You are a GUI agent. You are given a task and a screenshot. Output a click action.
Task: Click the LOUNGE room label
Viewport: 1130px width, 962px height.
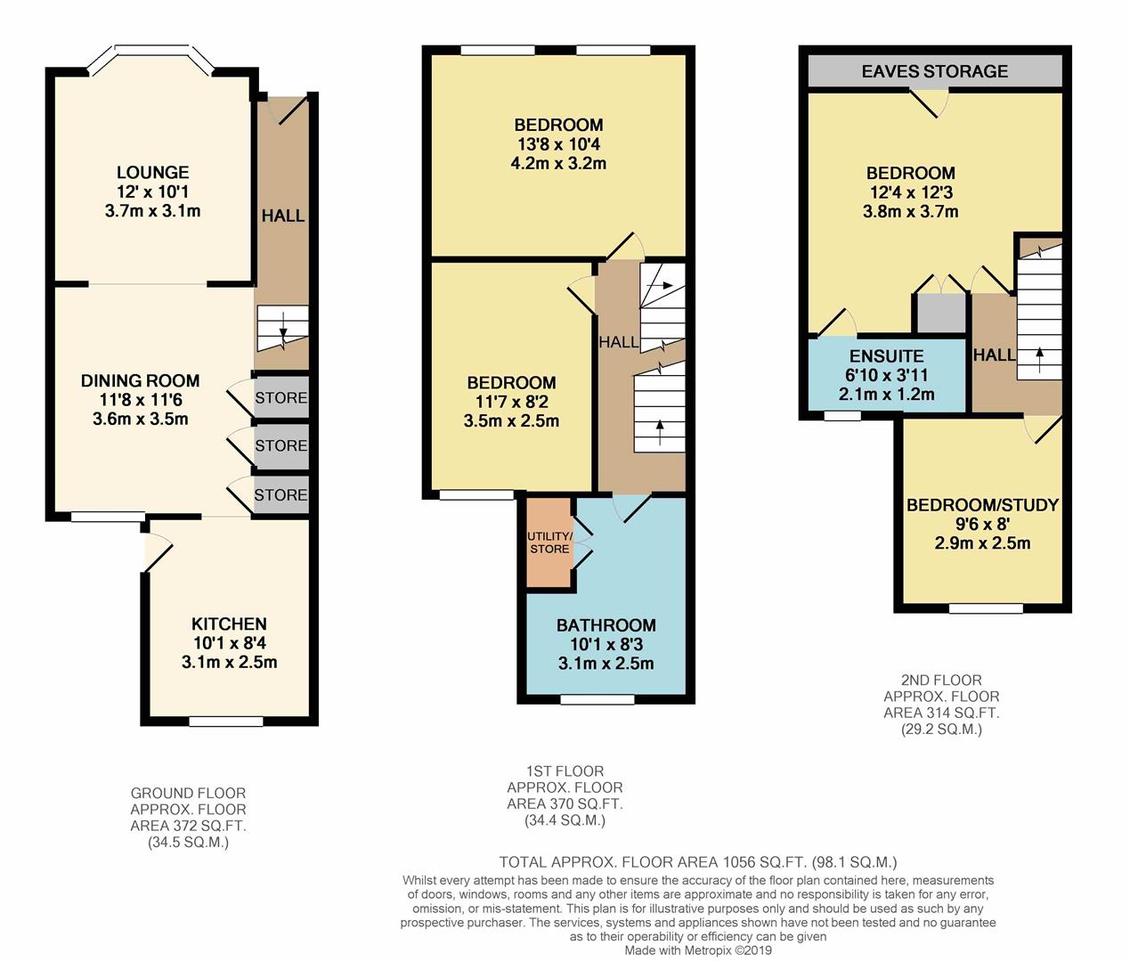pos(152,173)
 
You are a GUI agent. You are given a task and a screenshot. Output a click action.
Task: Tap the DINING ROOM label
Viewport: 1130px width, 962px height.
pos(140,380)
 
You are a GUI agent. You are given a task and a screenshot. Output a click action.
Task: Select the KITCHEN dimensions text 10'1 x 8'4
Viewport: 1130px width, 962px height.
pos(229,643)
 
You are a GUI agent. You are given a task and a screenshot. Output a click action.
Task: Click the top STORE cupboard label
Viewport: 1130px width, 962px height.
pos(280,398)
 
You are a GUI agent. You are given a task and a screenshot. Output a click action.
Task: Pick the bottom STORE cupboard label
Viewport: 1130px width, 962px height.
pos(280,494)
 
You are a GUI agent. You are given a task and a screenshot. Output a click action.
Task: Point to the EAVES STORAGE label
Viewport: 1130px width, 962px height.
pos(934,71)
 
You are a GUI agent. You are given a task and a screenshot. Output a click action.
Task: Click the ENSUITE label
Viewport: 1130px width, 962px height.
pos(886,355)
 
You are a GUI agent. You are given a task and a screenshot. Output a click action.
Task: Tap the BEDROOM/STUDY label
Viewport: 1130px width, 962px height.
pos(982,505)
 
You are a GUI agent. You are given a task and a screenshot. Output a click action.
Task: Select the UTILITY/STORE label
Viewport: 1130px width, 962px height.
pos(549,542)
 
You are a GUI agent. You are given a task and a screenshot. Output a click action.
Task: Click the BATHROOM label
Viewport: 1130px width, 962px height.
pos(606,625)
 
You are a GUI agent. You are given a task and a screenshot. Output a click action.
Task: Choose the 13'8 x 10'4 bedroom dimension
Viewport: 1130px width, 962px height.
pos(558,144)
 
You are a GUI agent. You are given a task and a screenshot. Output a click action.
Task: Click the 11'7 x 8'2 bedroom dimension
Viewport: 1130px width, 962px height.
pos(511,402)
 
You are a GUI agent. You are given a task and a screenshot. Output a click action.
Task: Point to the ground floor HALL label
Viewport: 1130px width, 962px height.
pos(282,216)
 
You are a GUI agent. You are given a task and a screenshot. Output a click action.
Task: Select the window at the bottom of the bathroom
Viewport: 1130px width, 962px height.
pos(597,700)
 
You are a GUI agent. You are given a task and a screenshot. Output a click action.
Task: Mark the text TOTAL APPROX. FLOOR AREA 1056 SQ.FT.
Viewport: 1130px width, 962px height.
pos(654,862)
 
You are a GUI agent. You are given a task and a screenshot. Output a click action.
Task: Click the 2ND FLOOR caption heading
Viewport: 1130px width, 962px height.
pos(941,680)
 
